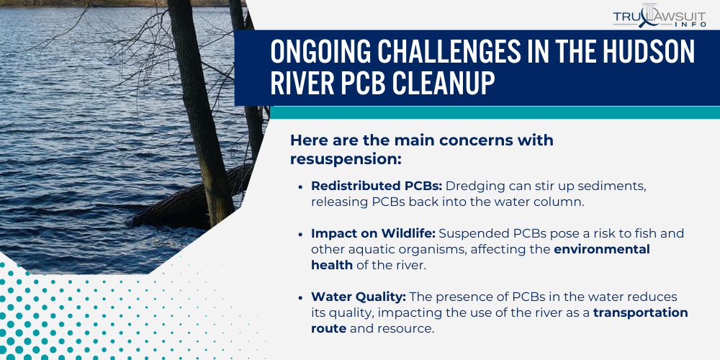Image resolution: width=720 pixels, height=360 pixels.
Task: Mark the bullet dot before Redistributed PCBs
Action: click(x=300, y=186)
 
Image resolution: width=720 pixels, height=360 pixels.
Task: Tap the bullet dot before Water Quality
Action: click(x=300, y=297)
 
